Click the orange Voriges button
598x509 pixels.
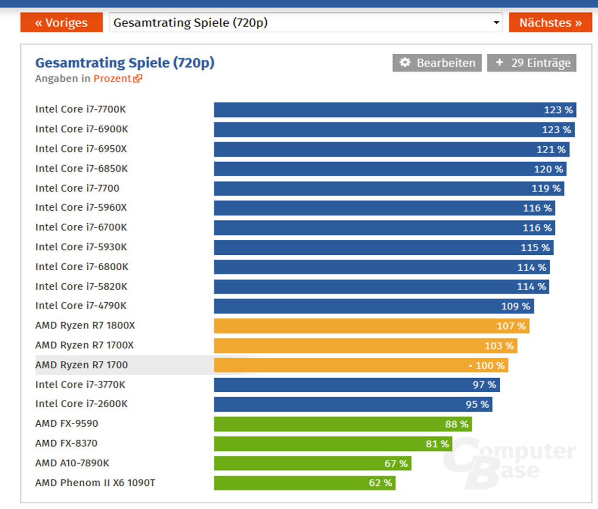point(61,23)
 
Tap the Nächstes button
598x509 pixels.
point(550,23)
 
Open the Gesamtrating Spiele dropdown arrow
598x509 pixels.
point(496,23)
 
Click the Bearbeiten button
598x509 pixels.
point(437,63)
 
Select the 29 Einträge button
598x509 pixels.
point(532,63)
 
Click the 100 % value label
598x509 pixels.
point(490,366)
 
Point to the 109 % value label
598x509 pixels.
point(515,306)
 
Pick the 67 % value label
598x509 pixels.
point(396,463)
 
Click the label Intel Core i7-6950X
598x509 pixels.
point(81,149)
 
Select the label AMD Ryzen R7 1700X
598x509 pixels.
point(84,345)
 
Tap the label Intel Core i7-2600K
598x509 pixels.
point(81,404)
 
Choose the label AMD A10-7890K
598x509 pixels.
point(72,463)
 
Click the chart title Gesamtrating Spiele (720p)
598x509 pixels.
point(124,63)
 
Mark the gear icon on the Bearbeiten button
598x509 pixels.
point(405,62)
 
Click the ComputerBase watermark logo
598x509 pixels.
point(508,463)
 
